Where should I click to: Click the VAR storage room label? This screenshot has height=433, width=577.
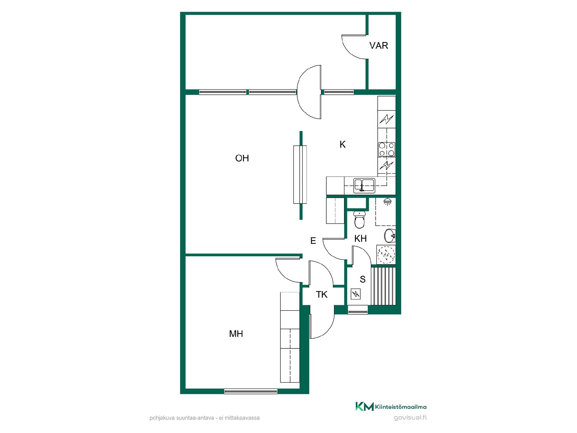pyautogui.click(x=379, y=45)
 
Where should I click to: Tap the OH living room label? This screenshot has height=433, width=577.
pyautogui.click(x=242, y=158)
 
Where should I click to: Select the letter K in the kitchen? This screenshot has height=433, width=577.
pyautogui.click(x=343, y=145)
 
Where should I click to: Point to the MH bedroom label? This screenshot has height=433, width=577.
pyautogui.click(x=236, y=334)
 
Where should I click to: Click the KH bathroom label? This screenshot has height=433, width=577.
pyautogui.click(x=361, y=239)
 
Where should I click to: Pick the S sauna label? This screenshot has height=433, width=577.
pyautogui.click(x=363, y=280)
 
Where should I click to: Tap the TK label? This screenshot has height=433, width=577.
pyautogui.click(x=322, y=295)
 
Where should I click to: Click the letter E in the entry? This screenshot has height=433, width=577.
pyautogui.click(x=313, y=241)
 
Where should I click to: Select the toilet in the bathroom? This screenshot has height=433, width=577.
pyautogui.click(x=359, y=220)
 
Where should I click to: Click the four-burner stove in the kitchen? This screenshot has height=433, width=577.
pyautogui.click(x=386, y=149)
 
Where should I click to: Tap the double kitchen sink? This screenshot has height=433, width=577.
pyautogui.click(x=364, y=185)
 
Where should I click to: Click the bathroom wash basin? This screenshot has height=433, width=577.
pyautogui.click(x=390, y=236)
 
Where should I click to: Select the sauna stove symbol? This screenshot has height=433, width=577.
pyautogui.click(x=356, y=294)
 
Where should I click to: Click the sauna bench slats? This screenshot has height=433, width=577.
pyautogui.click(x=383, y=286)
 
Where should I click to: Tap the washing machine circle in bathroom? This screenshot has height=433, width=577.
pyautogui.click(x=386, y=255)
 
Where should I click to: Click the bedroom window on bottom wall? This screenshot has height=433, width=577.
pyautogui.click(x=251, y=391)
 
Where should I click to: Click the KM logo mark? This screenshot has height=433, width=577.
pyautogui.click(x=365, y=406)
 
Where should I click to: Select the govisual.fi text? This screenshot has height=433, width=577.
pyautogui.click(x=410, y=418)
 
